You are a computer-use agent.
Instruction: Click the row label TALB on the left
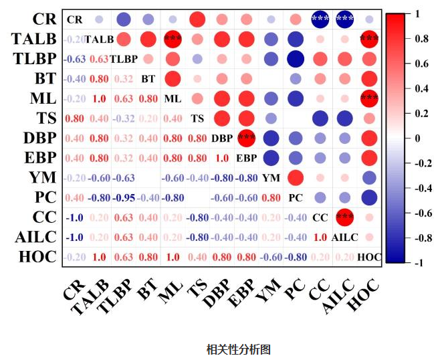[x=33, y=38]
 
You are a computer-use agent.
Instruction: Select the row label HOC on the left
[x=33, y=256]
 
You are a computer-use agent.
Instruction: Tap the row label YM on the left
[x=41, y=177]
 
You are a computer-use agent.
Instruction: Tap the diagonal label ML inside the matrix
[x=173, y=99]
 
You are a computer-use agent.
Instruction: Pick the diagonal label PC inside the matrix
[x=296, y=198]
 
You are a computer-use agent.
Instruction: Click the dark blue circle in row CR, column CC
[x=320, y=19]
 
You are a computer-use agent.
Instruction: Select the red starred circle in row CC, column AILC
[x=345, y=217]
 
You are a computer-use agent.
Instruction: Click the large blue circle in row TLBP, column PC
[x=296, y=58]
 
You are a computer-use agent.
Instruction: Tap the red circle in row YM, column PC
[x=296, y=178]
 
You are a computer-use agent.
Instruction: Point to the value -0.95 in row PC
[x=123, y=198]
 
